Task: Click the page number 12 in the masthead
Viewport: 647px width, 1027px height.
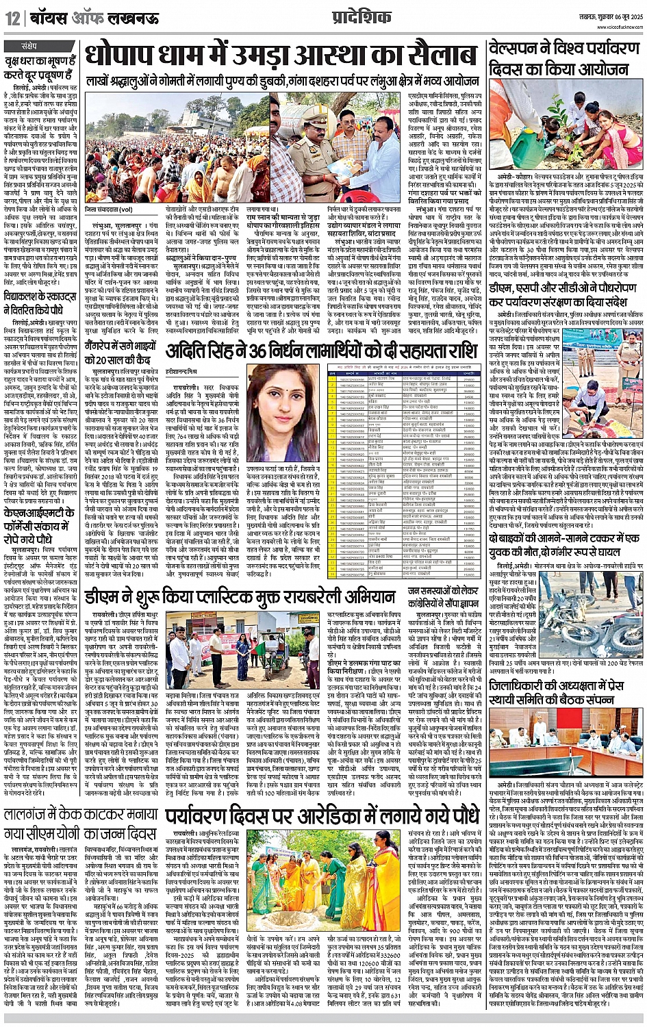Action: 13,17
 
